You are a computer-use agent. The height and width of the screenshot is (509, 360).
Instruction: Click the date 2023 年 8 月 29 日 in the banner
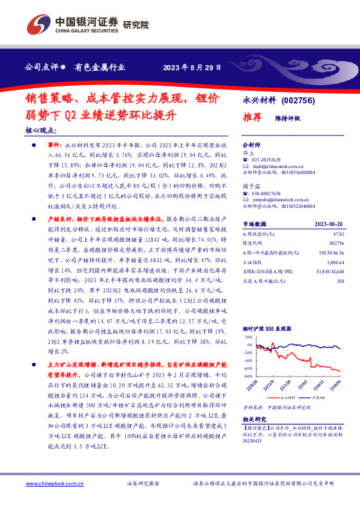tap(192, 67)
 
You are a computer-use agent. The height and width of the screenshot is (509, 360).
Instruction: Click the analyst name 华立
tap(247, 154)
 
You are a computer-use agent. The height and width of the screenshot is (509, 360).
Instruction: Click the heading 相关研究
tap(255, 418)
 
